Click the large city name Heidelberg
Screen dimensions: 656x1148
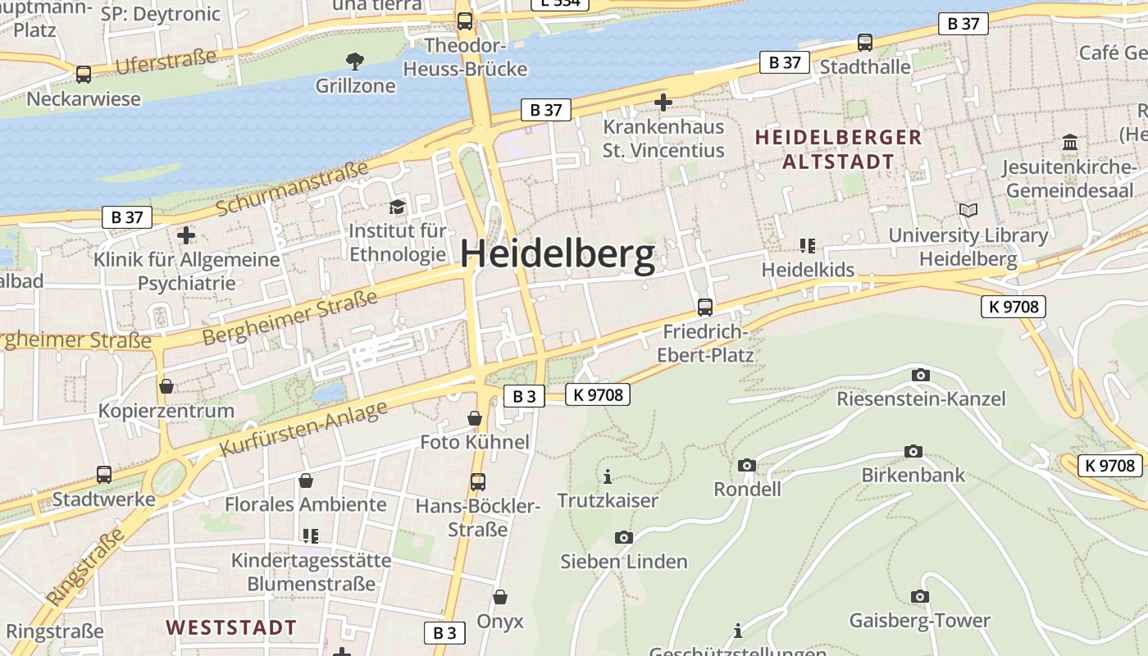[558, 255]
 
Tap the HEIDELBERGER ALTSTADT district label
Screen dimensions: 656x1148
[838, 149]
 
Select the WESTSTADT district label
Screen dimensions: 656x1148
[231, 628]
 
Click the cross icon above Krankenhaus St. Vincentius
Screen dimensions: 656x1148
[663, 102]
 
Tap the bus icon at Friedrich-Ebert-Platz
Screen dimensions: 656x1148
[704, 307]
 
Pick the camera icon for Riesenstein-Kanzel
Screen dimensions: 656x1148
[920, 376]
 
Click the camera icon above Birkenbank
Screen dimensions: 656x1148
[913, 451]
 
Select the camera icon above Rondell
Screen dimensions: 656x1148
[746, 465]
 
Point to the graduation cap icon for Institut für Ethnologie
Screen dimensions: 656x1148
[398, 207]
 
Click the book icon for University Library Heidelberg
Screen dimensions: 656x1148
[968, 211]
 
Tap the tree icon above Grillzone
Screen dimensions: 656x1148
[355, 61]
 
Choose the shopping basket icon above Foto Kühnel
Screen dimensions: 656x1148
[474, 418]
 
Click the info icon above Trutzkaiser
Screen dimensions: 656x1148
[608, 476]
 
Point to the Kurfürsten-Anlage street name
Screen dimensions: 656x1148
[303, 430]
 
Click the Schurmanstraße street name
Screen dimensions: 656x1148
[292, 189]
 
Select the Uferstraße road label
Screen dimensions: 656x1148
[166, 61]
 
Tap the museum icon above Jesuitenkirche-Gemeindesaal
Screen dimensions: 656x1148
[1070, 143]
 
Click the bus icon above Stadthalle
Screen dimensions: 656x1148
[864, 42]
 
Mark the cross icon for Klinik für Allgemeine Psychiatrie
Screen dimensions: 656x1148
[186, 235]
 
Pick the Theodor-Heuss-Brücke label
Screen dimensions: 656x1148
[476, 57]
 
